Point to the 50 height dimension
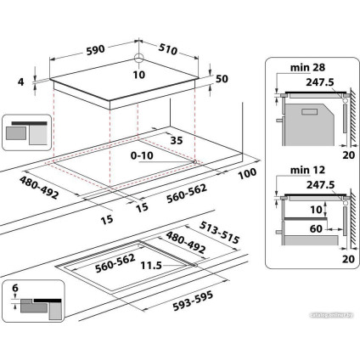[x=223, y=79]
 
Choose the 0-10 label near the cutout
[x=143, y=157]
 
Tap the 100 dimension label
[x=247, y=174]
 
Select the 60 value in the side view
[x=315, y=228]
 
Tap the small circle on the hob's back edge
[x=138, y=59]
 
